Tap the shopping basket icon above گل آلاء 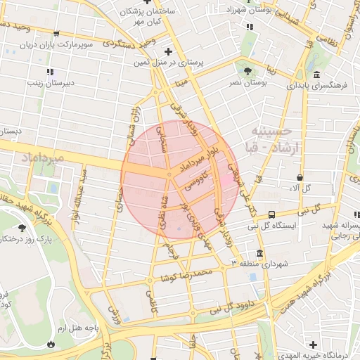pyautogui.click(x=300, y=177)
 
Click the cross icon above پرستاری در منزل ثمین pyautogui.click(x=167, y=51)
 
